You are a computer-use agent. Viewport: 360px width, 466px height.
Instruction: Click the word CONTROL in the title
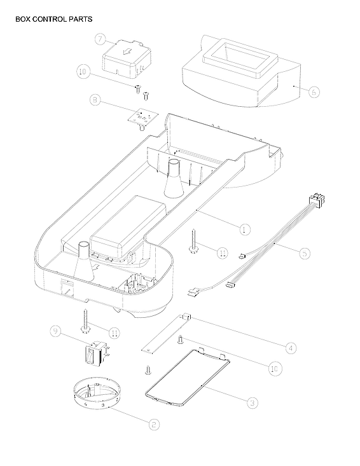[52, 19]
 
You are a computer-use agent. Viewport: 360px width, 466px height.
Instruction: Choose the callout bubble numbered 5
[305, 253]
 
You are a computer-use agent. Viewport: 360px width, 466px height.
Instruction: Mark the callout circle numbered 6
[314, 92]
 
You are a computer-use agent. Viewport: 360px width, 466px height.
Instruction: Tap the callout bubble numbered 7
[100, 39]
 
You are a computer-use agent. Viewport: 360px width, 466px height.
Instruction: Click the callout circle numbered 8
[95, 100]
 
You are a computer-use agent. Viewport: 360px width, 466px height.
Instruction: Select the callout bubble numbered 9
[56, 331]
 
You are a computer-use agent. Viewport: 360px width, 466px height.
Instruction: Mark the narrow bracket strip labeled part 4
[165, 332]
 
